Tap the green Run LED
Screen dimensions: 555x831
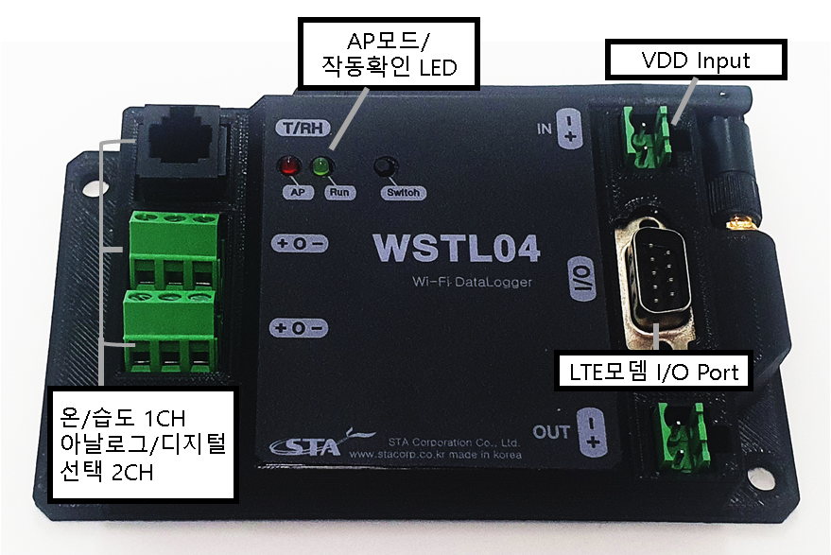[x=320, y=169]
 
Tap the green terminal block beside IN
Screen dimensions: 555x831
[x=652, y=137]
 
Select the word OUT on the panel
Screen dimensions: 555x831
[x=551, y=432]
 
